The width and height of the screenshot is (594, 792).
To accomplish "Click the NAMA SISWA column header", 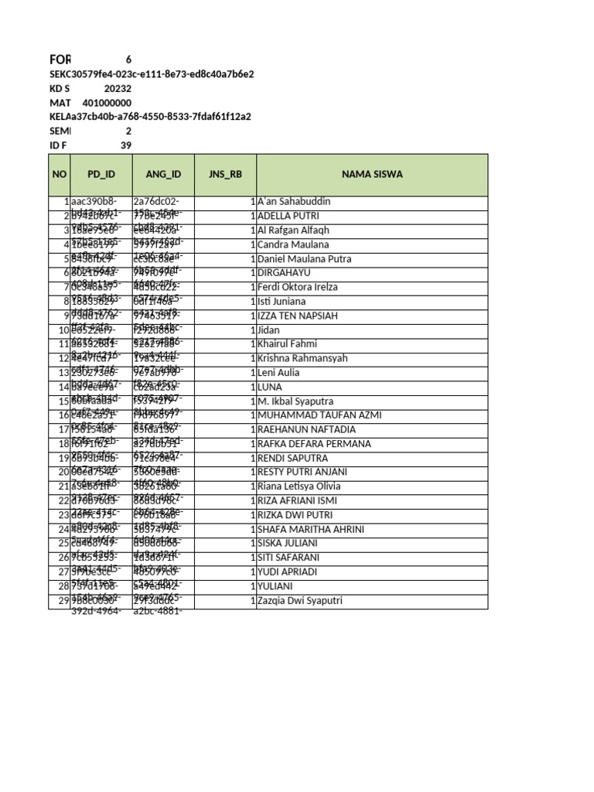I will point(373,175).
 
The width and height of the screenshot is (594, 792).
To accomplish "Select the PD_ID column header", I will point(101,175).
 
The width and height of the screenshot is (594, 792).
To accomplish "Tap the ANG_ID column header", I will point(162,175).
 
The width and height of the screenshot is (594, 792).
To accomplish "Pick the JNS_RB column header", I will point(225,175).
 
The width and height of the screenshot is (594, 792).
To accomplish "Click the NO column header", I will point(60,175).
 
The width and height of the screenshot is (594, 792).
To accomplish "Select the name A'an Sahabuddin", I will point(293,202).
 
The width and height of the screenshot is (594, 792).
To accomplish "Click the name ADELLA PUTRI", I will point(288,217).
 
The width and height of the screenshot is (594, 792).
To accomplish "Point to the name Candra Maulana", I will point(292,244).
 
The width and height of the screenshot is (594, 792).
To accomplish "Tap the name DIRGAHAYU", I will point(284,273).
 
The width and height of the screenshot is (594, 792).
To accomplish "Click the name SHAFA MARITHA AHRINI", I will point(310,529).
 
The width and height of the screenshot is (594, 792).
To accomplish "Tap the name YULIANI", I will point(277,586).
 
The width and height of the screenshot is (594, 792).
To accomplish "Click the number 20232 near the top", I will point(118,88).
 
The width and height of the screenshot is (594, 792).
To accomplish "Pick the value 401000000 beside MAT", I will point(107,103).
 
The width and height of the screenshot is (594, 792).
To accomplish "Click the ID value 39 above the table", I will point(126,145).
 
